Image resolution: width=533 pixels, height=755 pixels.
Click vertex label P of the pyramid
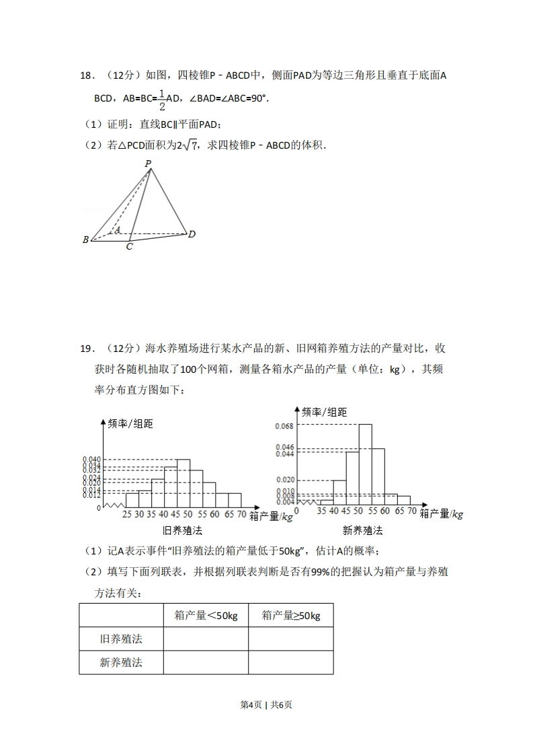point(148,163)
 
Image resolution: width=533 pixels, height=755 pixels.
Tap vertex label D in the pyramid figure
point(192,234)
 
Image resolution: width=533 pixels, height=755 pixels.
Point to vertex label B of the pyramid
point(85,240)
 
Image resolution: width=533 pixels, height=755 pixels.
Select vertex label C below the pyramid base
point(129,247)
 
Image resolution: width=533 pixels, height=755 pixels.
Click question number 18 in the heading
point(85,77)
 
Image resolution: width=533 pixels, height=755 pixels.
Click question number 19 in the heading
point(85,349)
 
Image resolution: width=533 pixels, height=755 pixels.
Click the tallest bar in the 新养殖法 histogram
point(366,464)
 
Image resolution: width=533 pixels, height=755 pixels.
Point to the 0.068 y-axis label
point(284,425)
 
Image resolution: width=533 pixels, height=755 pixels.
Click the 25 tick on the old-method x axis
point(126,515)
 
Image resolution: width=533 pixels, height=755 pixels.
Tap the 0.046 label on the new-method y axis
point(284,447)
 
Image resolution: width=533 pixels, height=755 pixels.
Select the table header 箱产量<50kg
point(206,615)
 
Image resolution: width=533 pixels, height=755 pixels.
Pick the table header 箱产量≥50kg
point(290,615)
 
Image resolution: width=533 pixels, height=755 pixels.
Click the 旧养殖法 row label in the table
point(121,639)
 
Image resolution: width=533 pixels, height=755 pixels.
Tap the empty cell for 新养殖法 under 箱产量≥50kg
point(290,662)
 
